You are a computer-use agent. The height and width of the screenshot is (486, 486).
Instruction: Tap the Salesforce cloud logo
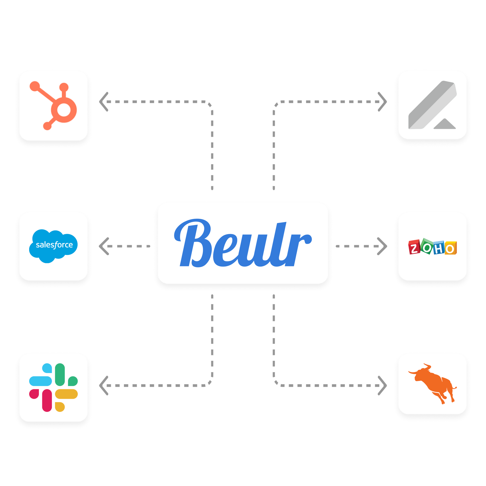pyautogui.click(x=53, y=246)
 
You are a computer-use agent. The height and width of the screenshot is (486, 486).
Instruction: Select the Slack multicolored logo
pyautogui.click(x=53, y=387)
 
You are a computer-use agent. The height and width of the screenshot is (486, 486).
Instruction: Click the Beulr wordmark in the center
pyautogui.click(x=243, y=243)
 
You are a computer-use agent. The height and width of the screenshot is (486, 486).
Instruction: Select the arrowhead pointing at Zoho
pyautogui.click(x=382, y=246)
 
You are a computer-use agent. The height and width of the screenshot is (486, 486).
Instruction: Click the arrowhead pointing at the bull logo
pyautogui.click(x=382, y=386)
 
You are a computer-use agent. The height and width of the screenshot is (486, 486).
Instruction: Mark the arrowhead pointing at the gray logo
pyautogui.click(x=382, y=102)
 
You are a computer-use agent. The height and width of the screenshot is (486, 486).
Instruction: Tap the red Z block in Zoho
pyautogui.click(x=414, y=248)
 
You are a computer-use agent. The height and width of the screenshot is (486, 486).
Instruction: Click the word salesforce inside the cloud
pyautogui.click(x=54, y=245)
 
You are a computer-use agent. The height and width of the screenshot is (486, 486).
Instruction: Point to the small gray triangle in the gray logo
pyautogui.click(x=444, y=124)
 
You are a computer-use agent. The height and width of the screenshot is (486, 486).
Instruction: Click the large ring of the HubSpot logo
pyautogui.click(x=64, y=110)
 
